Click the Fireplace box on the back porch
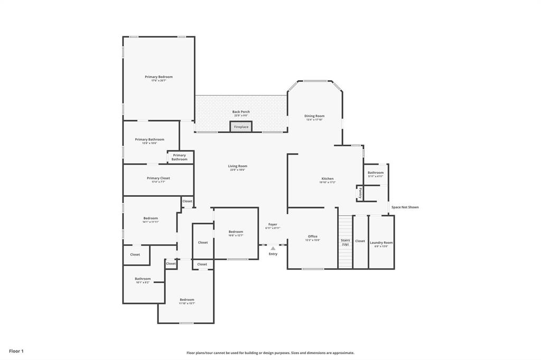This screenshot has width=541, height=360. (x=241, y=127)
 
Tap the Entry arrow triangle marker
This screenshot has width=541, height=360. (x=273, y=248)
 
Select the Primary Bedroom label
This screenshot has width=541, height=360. (x=158, y=77)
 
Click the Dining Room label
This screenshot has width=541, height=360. (x=314, y=116)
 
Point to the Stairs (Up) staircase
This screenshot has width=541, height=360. (x=345, y=242)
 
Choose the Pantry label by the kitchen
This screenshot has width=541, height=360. (x=360, y=193)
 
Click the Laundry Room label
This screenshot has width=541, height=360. (x=381, y=243)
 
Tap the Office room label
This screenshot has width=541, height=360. (x=313, y=236)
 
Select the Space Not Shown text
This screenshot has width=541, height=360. (x=405, y=207)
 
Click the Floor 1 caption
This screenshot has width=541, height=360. (x=16, y=351)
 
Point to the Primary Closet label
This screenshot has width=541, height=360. (x=158, y=178)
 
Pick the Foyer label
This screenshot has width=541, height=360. (x=273, y=224)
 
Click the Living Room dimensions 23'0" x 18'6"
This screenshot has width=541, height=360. (x=238, y=170)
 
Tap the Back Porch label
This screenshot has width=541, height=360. (x=241, y=112)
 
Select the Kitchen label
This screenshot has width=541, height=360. (x=328, y=179)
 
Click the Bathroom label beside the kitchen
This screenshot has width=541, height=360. (x=376, y=173)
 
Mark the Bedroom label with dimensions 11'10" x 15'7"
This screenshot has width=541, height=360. (x=186, y=300)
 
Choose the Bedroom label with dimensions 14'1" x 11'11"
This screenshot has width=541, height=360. (x=151, y=219)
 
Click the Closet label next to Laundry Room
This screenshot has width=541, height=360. (x=360, y=241)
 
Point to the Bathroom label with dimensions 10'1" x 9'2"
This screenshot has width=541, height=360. (x=143, y=279)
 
